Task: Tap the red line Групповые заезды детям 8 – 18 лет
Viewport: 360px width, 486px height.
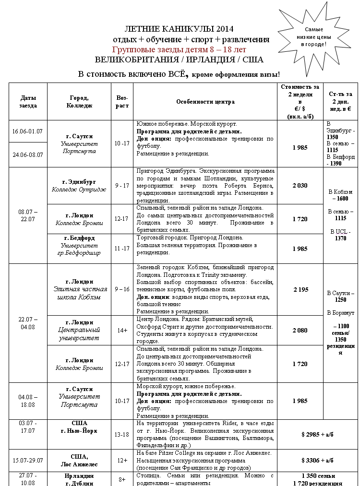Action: tap(180, 49)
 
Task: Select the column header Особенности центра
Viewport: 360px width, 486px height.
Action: tap(205, 102)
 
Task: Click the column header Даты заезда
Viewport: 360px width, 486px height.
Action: tap(28, 102)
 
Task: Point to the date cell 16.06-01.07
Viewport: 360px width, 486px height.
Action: tap(28, 131)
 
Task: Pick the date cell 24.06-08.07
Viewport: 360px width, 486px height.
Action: tap(28, 155)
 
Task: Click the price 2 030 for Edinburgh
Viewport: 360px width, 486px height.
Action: tap(300, 185)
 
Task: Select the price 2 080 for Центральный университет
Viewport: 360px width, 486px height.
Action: tap(300, 330)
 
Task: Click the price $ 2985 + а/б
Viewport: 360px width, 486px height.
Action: tap(317, 434)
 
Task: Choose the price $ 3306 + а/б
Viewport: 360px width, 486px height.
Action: tap(317, 460)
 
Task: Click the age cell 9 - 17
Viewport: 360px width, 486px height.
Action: tap(122, 185)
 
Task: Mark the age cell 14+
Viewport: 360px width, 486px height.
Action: tap(122, 330)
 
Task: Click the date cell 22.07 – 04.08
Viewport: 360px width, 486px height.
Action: tap(28, 323)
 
